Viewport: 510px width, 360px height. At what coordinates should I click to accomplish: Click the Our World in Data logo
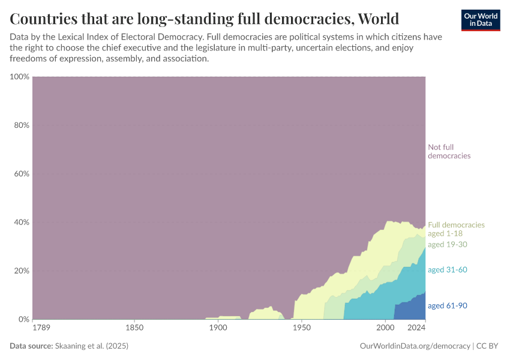tap(481, 20)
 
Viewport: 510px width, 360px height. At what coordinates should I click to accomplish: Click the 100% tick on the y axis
tap(19, 77)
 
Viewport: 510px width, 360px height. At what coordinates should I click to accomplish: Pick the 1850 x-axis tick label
tap(134, 328)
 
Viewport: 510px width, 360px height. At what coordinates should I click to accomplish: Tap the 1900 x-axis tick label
tap(218, 328)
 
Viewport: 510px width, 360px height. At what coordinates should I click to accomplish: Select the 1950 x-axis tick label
tap(301, 328)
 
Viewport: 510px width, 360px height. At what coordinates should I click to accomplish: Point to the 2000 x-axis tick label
tap(385, 328)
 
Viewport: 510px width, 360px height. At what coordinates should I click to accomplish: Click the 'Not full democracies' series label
tap(449, 151)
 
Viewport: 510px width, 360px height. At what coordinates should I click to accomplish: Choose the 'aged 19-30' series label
tap(447, 244)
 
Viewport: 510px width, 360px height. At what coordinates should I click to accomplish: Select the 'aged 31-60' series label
tap(447, 270)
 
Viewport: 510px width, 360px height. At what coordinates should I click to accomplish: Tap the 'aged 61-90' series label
tap(447, 306)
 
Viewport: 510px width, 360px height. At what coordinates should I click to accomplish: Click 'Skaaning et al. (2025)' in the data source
tap(91, 346)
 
